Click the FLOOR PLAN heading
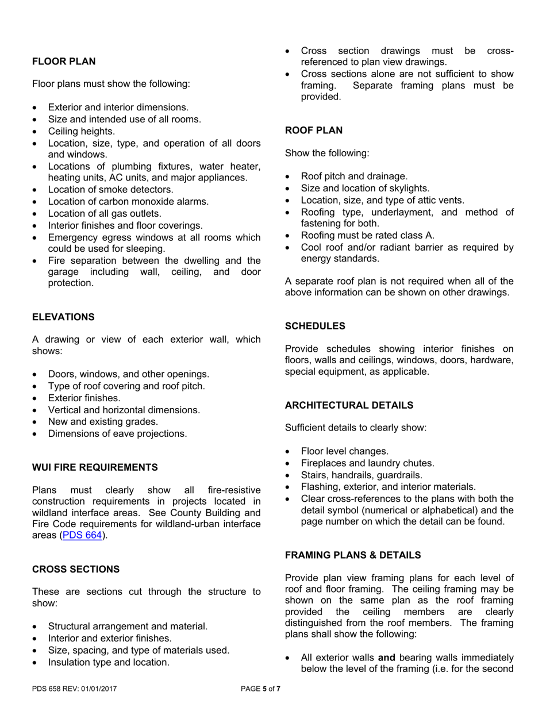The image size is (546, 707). tap(64, 62)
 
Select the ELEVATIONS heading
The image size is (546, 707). tap(63, 317)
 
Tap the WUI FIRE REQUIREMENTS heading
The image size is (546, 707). tap(95, 467)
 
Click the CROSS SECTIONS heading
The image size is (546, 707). tap(76, 569)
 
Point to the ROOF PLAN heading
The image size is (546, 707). tap(314, 130)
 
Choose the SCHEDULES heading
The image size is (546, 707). tap(315, 326)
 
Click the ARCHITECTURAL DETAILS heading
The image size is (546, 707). tap(349, 405)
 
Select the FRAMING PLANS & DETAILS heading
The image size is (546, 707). tap(353, 555)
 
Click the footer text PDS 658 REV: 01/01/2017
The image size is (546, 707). tap(75, 688)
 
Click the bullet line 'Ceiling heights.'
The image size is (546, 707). tap(81, 131)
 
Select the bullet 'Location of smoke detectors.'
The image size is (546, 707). tap(110, 189)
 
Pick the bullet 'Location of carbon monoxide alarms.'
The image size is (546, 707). tap(128, 201)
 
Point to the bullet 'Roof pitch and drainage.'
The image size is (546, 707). tap(354, 176)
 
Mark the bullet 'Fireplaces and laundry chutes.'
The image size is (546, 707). tap(367, 463)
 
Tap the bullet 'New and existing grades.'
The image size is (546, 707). tap(103, 422)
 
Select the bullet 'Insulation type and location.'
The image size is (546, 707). tap(109, 662)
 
